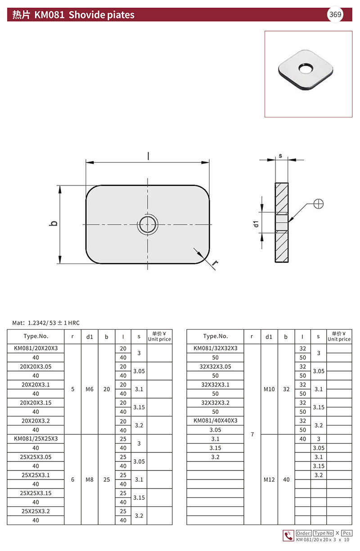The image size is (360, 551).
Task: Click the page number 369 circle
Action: coord(335,14)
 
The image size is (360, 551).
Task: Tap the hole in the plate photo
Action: coord(306,68)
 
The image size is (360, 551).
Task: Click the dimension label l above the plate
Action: coord(148,156)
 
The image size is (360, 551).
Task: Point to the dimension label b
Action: coord(54,224)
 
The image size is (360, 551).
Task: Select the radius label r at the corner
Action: coord(215,263)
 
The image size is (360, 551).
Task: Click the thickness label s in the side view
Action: coord(280,156)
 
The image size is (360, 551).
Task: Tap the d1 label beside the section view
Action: coord(256,224)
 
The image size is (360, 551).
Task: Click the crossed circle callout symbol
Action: coord(319,204)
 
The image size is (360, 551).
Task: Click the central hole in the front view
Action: coord(148,224)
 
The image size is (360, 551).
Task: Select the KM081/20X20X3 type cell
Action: coord(36,348)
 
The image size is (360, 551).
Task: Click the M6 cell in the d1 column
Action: coord(90,389)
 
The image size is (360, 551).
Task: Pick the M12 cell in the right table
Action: coord(269,479)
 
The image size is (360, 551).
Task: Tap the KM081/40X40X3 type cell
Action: coord(215,421)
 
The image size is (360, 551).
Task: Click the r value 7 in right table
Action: coord(252,434)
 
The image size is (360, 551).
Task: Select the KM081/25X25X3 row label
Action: coord(36,439)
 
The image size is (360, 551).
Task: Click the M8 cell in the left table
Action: coord(90,479)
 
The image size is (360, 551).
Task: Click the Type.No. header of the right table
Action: coord(215,336)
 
